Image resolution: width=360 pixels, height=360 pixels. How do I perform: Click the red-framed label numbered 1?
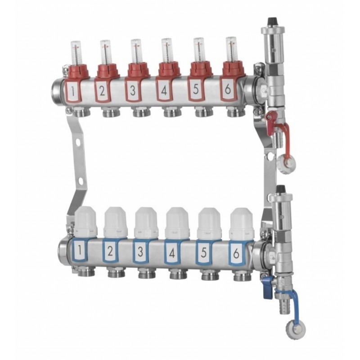(73, 90)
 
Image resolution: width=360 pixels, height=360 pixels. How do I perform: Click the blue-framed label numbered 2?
(110, 251)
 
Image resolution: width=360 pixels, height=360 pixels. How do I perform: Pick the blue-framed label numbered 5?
(203, 252)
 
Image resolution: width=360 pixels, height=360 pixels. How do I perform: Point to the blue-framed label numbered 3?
(140, 251)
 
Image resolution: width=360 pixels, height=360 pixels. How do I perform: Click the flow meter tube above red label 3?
(136, 51)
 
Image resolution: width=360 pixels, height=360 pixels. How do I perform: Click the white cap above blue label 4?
(177, 220)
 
